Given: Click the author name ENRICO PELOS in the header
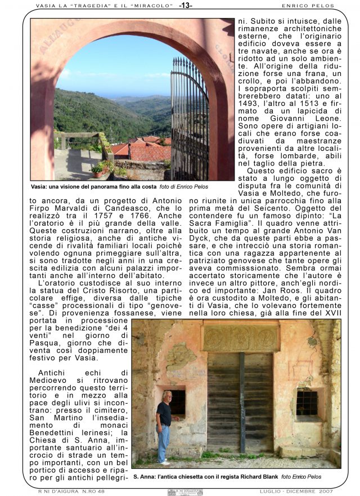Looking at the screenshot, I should coord(308,6).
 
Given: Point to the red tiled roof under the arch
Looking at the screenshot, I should coord(147,150).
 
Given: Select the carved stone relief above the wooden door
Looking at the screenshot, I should coord(240,338).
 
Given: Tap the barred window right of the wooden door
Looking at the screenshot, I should coord(307,402).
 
